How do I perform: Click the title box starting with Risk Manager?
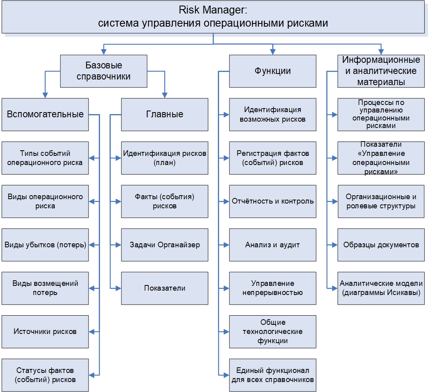213,16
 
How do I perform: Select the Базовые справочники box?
104,71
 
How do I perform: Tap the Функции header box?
273,71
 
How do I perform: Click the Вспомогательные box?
45,114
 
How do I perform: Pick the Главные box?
164,114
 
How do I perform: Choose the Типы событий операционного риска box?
45,157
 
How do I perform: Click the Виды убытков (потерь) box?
45,245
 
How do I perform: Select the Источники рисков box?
45,331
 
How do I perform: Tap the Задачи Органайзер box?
164,245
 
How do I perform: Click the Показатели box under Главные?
164,288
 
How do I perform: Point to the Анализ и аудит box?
273,245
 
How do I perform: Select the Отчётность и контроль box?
273,201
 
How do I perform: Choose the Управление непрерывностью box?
273,288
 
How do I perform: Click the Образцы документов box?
381,245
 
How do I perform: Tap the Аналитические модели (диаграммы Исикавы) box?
381,288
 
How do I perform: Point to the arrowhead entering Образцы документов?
335,245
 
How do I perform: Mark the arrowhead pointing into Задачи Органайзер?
118,245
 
